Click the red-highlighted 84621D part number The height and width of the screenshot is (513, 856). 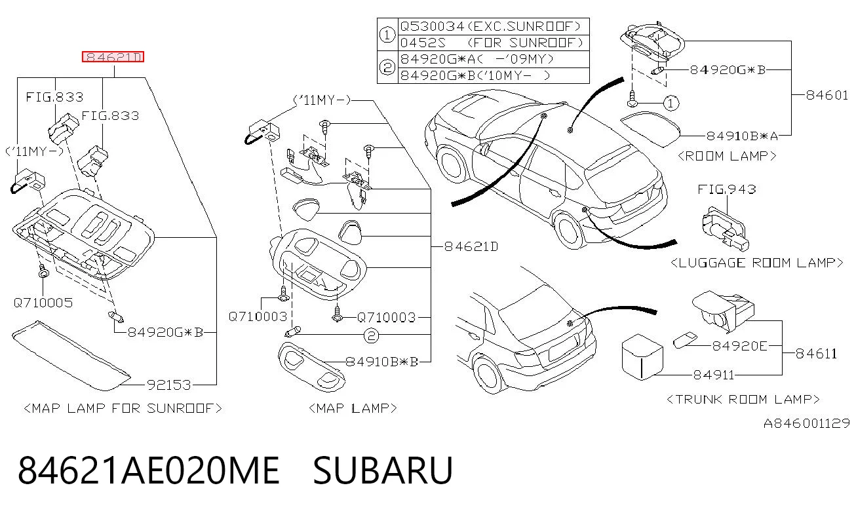[113, 57]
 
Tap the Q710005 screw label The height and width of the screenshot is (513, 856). [43, 303]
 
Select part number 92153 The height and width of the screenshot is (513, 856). [169, 385]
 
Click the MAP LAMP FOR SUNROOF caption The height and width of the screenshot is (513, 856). [123, 408]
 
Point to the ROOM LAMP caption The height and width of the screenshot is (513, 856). [728, 156]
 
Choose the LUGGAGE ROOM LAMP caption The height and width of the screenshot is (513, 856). [757, 263]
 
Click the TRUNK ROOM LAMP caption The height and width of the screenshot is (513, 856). [743, 399]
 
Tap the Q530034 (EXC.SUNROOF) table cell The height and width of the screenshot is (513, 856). [490, 26]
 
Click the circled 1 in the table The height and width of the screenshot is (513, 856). [387, 35]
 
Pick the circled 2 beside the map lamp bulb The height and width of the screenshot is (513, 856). [371, 335]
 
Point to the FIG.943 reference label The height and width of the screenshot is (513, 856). [727, 189]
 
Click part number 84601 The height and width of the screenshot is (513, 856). [827, 95]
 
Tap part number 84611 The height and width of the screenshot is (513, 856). [816, 354]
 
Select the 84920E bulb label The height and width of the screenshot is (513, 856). [740, 346]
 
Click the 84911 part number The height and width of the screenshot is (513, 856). [714, 375]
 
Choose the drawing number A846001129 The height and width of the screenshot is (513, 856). [807, 423]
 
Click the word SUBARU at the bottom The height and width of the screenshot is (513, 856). [383, 470]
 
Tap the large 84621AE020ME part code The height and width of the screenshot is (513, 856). [149, 470]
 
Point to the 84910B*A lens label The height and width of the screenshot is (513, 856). [742, 136]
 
